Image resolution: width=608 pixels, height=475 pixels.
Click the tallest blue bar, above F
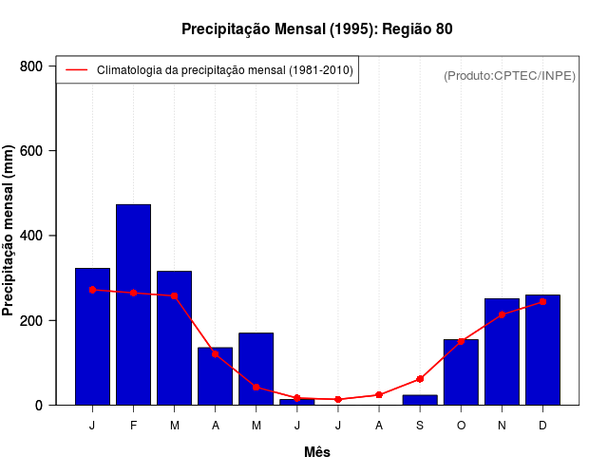pyautogui.click(x=133, y=304)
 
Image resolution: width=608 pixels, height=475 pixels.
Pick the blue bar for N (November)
pyautogui.click(x=502, y=351)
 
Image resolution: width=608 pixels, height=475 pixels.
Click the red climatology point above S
pyautogui.click(x=420, y=379)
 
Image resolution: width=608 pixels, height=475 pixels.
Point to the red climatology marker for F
pyautogui.click(x=133, y=293)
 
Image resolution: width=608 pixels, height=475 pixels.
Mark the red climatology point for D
pyautogui.click(x=542, y=302)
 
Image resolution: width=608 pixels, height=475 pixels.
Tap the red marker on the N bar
pyautogui.click(x=502, y=314)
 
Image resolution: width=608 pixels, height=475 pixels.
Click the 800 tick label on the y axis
pyautogui.click(x=32, y=66)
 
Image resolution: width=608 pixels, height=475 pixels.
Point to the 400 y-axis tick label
pyautogui.click(x=32, y=236)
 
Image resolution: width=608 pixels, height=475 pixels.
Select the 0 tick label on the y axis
pyautogui.click(x=39, y=406)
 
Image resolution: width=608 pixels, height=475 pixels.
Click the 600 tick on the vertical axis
pyautogui.click(x=32, y=151)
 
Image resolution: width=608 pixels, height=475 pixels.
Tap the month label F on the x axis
pyautogui.click(x=133, y=426)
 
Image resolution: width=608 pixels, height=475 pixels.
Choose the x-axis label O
pyautogui.click(x=461, y=426)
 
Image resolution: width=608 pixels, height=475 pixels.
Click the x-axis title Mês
pyautogui.click(x=317, y=452)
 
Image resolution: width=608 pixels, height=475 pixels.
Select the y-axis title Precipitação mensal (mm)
pyautogui.click(x=9, y=231)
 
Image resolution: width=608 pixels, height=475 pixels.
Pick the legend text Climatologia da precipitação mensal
pyautogui.click(x=225, y=70)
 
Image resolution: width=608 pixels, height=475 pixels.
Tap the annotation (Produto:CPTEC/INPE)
pyautogui.click(x=510, y=75)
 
